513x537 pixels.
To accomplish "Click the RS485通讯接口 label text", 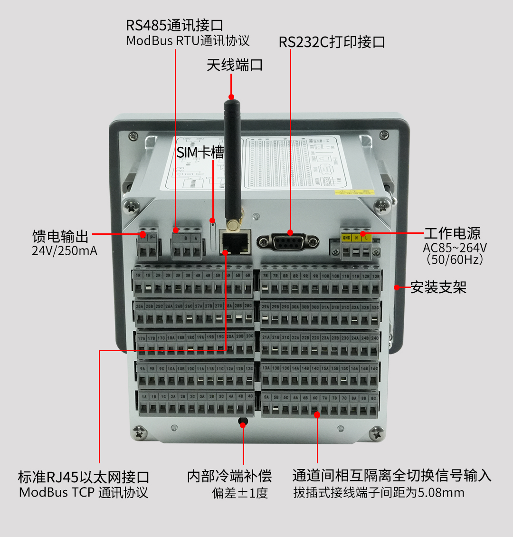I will (x=174, y=25).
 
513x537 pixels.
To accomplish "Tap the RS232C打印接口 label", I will (x=332, y=42).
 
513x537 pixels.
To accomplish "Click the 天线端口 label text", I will (x=235, y=65).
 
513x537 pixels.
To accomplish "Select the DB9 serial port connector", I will (x=289, y=242).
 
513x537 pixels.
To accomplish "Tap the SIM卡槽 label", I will (x=200, y=152).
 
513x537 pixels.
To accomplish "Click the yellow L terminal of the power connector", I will (x=366, y=238).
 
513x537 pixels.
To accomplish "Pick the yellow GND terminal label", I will (x=346, y=238).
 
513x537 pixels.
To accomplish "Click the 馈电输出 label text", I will (x=60, y=236).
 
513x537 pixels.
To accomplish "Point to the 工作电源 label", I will (x=452, y=233).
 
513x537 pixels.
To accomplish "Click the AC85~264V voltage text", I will (x=455, y=248).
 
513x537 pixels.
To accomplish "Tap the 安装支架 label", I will (x=438, y=288).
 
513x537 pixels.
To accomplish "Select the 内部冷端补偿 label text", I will (x=229, y=476).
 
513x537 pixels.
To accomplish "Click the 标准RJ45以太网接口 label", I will (x=84, y=477).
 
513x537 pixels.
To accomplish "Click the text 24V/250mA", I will (x=65, y=251).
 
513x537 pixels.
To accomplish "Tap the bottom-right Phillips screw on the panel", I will (x=377, y=433).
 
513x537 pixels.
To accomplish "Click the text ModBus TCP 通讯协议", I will (x=84, y=492).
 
